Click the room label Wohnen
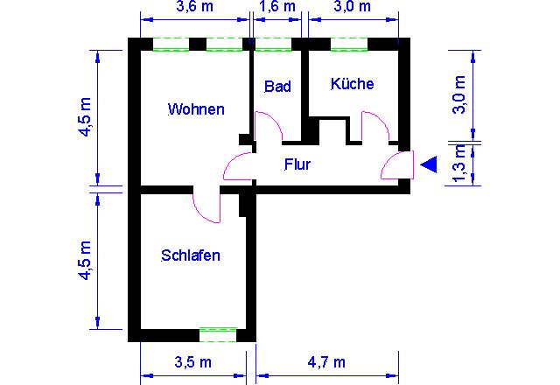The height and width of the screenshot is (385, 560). click(196, 109)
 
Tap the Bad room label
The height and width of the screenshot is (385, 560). click(277, 87)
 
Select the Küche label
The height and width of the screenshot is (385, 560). click(352, 84)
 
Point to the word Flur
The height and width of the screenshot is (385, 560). click(297, 164)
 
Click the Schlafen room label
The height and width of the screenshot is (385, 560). click(191, 255)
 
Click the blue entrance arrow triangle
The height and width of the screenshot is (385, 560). click(429, 164)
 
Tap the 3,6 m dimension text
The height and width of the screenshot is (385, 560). click(194, 6)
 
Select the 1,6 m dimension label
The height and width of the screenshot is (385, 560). click(277, 6)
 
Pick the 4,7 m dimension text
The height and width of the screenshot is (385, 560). click(326, 362)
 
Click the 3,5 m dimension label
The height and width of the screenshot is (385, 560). click(192, 362)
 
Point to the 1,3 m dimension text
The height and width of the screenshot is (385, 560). click(459, 164)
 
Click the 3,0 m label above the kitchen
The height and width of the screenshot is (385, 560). click(352, 6)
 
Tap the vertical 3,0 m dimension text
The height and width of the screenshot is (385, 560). click(459, 95)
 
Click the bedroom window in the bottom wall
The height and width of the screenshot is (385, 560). click(218, 334)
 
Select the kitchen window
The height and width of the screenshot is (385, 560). click(349, 45)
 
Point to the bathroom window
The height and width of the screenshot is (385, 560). click(274, 45)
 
